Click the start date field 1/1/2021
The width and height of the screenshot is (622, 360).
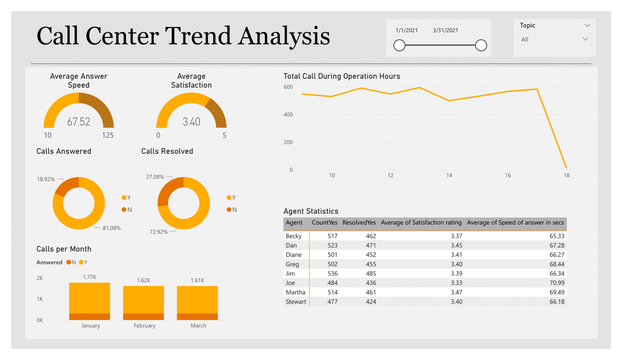pos(407,31)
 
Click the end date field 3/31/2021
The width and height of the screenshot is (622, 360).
pos(445,31)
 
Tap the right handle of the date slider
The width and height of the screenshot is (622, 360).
pos(481,46)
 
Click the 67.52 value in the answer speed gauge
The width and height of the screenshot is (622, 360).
pos(79,122)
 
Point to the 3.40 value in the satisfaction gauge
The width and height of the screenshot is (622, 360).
pos(191,122)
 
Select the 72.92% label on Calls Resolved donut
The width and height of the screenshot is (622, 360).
pos(158,232)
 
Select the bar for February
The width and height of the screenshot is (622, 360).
pos(144,303)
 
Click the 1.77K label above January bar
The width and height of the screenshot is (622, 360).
pos(90,278)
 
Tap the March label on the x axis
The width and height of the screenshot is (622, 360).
pos(198,326)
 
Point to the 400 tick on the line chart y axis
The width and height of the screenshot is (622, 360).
pos(288,115)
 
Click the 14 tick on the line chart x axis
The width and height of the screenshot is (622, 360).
pos(449,175)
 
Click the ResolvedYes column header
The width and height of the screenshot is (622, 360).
pos(359,223)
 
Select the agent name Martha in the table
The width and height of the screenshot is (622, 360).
pos(295,292)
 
